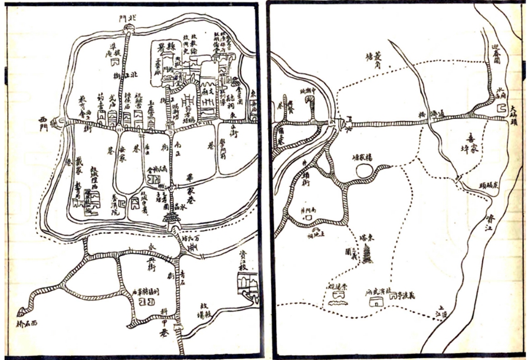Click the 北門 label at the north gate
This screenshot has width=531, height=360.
click(x=127, y=18)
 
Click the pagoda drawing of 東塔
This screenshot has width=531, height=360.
click(x=368, y=256)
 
